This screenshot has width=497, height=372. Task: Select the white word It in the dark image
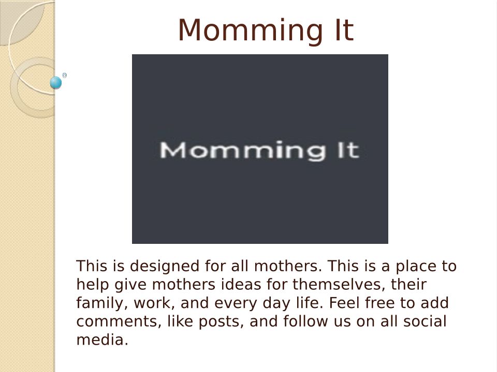348,150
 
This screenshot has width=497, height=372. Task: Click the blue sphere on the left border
56,83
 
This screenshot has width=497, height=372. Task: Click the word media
102,339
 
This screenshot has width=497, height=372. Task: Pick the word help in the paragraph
93,285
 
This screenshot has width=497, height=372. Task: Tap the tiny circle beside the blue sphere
65,75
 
